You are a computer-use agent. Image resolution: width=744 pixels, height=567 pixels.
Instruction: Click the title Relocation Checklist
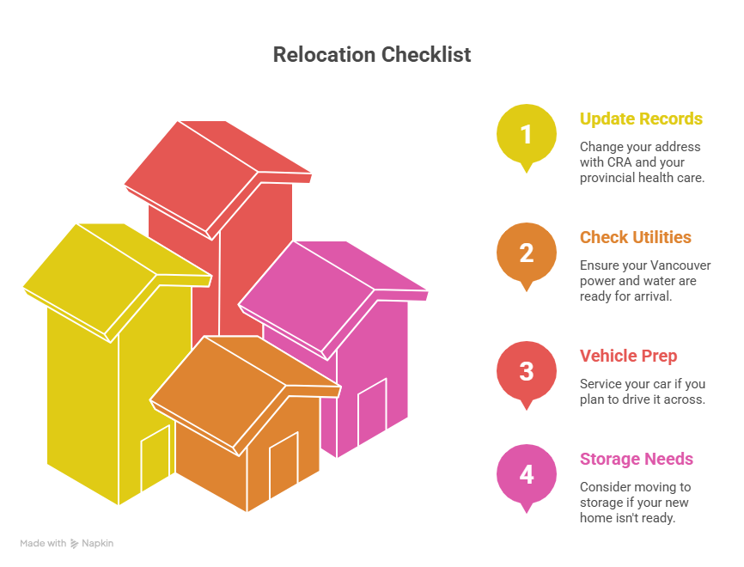point(371,55)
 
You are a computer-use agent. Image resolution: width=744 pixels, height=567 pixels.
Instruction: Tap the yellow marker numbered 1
point(526,137)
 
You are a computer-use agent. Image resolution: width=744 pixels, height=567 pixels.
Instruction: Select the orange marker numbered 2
point(526,255)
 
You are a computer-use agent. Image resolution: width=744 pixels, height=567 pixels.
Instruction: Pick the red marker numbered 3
point(526,374)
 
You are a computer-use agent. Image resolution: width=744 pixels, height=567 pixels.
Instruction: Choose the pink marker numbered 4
point(526,477)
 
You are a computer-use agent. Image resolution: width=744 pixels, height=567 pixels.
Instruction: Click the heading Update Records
point(641,119)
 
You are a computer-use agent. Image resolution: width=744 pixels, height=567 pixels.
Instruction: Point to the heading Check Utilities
point(636,237)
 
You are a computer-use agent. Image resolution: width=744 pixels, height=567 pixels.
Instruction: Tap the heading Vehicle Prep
point(628,356)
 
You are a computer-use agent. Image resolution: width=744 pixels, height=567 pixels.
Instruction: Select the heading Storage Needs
point(637,459)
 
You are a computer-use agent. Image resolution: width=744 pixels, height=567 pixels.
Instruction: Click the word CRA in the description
point(619,162)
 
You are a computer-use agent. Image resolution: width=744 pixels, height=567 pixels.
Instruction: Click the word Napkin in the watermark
point(97,543)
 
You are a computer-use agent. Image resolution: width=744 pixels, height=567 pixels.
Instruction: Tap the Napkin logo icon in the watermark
point(75,544)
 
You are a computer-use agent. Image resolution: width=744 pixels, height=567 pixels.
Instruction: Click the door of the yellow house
point(156,458)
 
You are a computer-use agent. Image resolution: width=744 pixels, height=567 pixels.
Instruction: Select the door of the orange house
point(284,465)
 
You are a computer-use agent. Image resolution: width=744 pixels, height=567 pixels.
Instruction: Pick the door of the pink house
point(373,411)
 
